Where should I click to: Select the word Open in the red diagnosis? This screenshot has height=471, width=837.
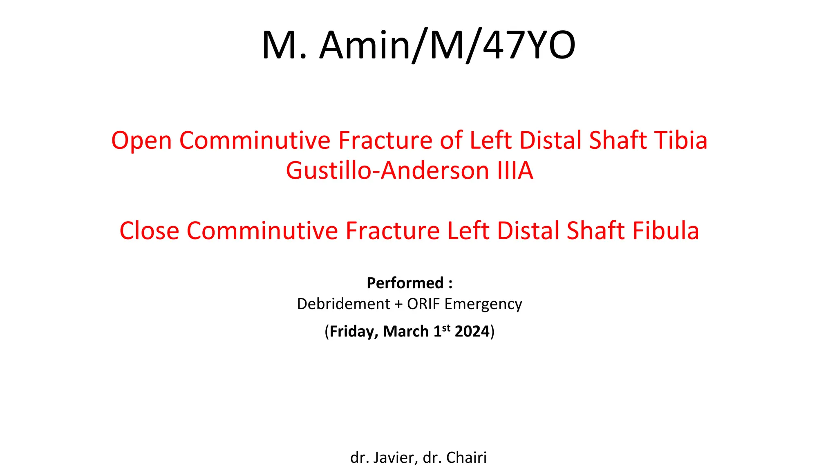(x=141, y=141)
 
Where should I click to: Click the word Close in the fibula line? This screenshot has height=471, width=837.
(x=149, y=231)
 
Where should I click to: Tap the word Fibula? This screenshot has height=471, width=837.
(x=666, y=231)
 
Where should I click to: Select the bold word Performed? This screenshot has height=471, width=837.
(x=405, y=283)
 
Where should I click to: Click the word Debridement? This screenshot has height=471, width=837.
(x=343, y=304)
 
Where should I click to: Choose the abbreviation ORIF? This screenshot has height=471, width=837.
(x=423, y=304)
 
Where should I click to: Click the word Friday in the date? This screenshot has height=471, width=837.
(x=354, y=332)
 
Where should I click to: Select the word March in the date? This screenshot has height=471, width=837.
(x=405, y=332)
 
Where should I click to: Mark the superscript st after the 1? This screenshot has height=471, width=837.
(x=446, y=328)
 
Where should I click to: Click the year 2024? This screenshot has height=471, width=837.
(x=472, y=332)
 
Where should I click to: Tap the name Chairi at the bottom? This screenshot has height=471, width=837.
(x=466, y=458)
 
